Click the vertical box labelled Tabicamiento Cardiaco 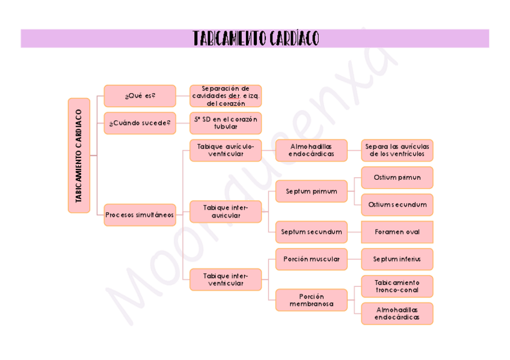(79, 155)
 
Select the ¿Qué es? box (140, 96)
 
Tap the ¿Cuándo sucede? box (140, 123)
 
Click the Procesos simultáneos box (140, 215)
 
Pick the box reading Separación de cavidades (226, 96)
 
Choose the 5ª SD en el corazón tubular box (226, 123)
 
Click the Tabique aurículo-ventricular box (226, 150)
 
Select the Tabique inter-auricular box (226, 212)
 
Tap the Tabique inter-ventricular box (226, 279)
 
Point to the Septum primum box (311, 191)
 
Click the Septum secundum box (311, 232)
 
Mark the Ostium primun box (397, 178)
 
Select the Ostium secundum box (397, 205)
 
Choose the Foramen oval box (397, 232)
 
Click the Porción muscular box (311, 259)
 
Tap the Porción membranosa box (311, 300)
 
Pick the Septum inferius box (397, 259)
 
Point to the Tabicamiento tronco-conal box (397, 286)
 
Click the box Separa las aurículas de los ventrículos (397, 150)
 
